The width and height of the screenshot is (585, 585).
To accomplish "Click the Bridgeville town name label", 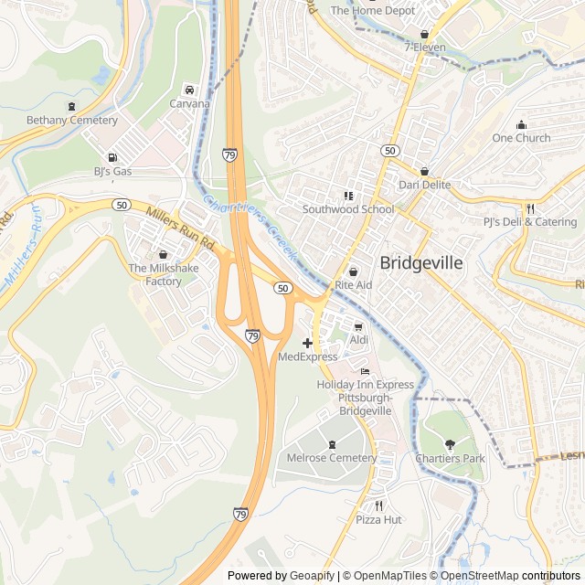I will coord(421,263).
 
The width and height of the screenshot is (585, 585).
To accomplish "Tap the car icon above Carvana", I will coord(189,90).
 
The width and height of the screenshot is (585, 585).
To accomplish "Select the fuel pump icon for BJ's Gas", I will coord(112,157).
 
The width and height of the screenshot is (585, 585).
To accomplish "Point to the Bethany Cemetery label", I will coord(72,121).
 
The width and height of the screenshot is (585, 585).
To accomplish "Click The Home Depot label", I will coord(372,10).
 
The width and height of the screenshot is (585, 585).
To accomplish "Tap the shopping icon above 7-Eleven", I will coord(424,34).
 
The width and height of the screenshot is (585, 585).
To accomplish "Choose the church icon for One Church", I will coord(522,125).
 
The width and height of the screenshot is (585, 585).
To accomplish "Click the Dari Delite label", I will coord(424,185).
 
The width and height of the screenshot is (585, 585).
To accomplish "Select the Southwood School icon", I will coord(347,196).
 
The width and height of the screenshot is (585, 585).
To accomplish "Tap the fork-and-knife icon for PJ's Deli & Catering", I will coord(529,208).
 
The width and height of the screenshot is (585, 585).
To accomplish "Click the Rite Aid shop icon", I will coord(354,272).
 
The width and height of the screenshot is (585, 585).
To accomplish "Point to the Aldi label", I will coord(358,340).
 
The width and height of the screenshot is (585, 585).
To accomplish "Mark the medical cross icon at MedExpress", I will coord(307,343).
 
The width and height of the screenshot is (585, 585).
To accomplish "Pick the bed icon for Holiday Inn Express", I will coord(365,371).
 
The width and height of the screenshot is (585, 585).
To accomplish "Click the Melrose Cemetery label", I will coord(331,458).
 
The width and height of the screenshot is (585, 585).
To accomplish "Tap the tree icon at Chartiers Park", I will coord(449,444).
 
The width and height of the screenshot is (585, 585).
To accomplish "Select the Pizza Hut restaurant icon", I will coord(378,505).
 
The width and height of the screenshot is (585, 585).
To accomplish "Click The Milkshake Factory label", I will coord(163,275).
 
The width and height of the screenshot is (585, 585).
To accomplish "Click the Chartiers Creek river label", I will coord(248,228).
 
